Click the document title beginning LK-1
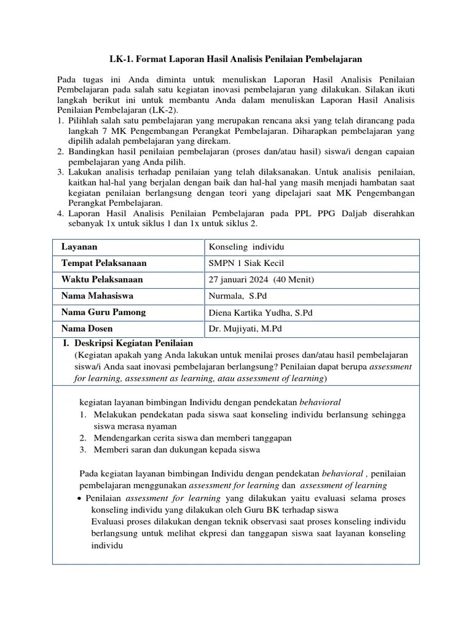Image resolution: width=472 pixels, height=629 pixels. pos(236,59)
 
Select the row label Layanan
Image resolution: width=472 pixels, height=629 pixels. pos(79,246)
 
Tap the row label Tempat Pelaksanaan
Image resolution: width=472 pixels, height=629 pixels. pos(104,263)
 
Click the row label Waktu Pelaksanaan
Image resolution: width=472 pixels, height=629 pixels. pos(102,279)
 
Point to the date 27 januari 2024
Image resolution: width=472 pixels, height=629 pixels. pos(238,280)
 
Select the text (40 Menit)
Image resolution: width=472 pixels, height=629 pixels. pos(293,280)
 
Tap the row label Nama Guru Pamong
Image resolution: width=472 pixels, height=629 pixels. pos(103,312)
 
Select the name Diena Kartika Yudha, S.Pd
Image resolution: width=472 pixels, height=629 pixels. pos(261,313)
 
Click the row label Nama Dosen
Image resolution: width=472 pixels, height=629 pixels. pos(87,329)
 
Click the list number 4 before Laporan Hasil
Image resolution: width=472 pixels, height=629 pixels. pos(60,213)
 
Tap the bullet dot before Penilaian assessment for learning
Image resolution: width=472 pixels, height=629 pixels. pos(81,499)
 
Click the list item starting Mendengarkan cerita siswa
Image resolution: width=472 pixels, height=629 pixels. pos(192,438)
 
